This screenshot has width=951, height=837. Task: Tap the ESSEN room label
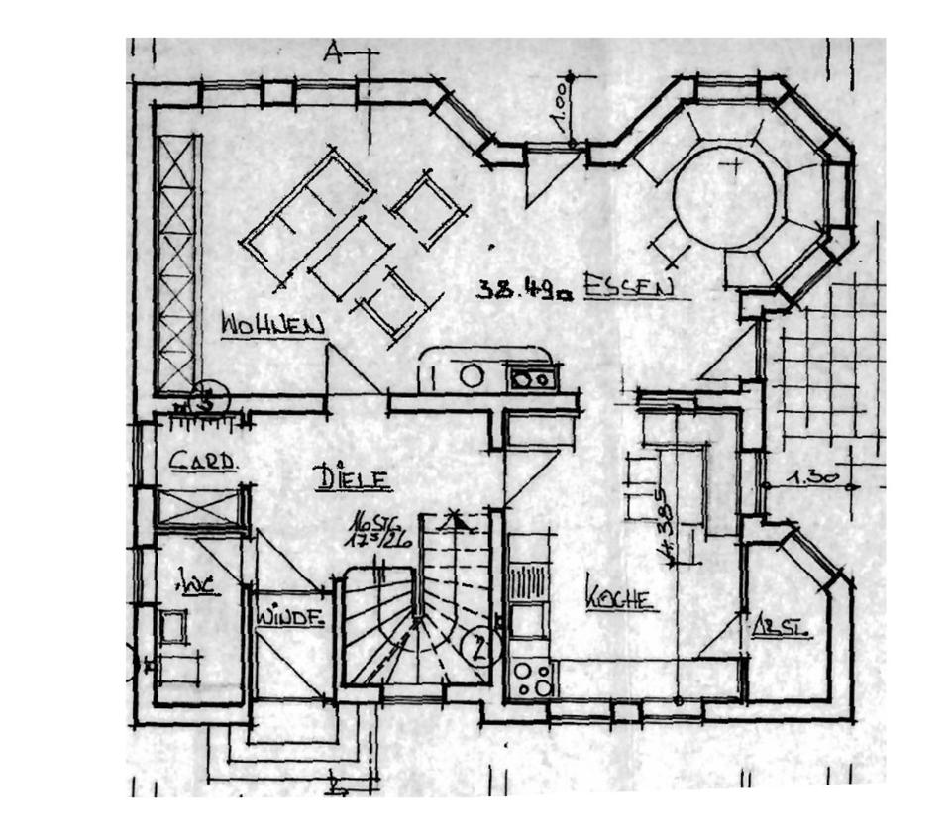pyautogui.click(x=629, y=287)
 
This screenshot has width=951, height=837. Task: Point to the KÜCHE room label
pyautogui.click(x=621, y=598)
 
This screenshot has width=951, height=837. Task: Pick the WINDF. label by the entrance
pyautogui.click(x=289, y=617)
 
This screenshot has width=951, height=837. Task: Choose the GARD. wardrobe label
pyautogui.click(x=202, y=461)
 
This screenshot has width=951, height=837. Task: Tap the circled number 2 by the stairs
pyautogui.click(x=479, y=649)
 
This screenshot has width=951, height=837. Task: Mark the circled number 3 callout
pyautogui.click(x=209, y=400)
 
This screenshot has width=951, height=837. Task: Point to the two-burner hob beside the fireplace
pyautogui.click(x=533, y=377)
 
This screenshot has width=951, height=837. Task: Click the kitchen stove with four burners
pyautogui.click(x=532, y=679)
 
